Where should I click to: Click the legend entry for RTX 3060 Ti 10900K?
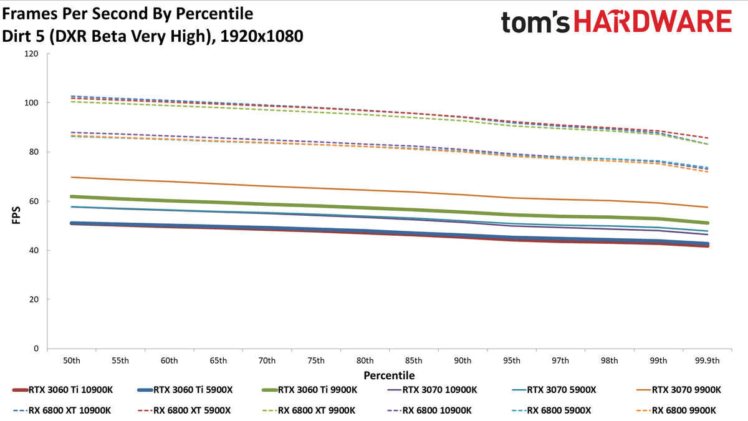coord(62,390)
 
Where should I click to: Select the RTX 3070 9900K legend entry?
coord(679,390)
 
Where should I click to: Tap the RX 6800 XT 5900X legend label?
coord(184,410)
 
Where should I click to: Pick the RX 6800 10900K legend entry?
coord(429,410)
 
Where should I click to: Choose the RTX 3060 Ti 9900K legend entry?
coord(310,390)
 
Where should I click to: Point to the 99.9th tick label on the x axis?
coord(707,361)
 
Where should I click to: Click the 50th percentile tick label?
coord(72,361)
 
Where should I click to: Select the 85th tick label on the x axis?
coord(414,361)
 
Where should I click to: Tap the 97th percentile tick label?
coord(560,361)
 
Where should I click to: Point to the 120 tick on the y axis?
coord(31,54)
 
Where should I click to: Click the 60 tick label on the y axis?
coord(34,201)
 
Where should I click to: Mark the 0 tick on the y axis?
coord(36,349)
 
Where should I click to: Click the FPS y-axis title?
coord(16,215)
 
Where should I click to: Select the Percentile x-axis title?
coord(390,375)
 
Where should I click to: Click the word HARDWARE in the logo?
coord(653,21)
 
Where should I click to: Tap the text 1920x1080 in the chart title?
coord(262,36)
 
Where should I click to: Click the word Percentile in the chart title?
coord(214,14)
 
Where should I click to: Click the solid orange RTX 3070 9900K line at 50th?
coord(72,177)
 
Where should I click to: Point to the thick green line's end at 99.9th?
coord(707,223)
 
